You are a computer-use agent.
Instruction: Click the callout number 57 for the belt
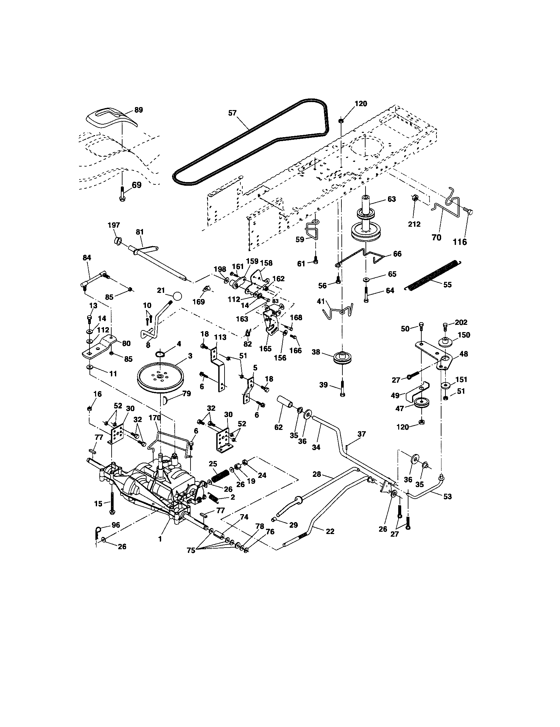pos(232,113)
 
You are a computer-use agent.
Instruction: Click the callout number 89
pos(138,110)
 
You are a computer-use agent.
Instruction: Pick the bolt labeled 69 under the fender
pos(122,194)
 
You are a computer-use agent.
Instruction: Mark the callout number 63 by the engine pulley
pos(391,199)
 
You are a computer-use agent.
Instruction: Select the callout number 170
pos(155,418)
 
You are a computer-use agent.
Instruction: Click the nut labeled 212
pos(414,198)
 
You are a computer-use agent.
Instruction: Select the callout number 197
pos(114,225)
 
